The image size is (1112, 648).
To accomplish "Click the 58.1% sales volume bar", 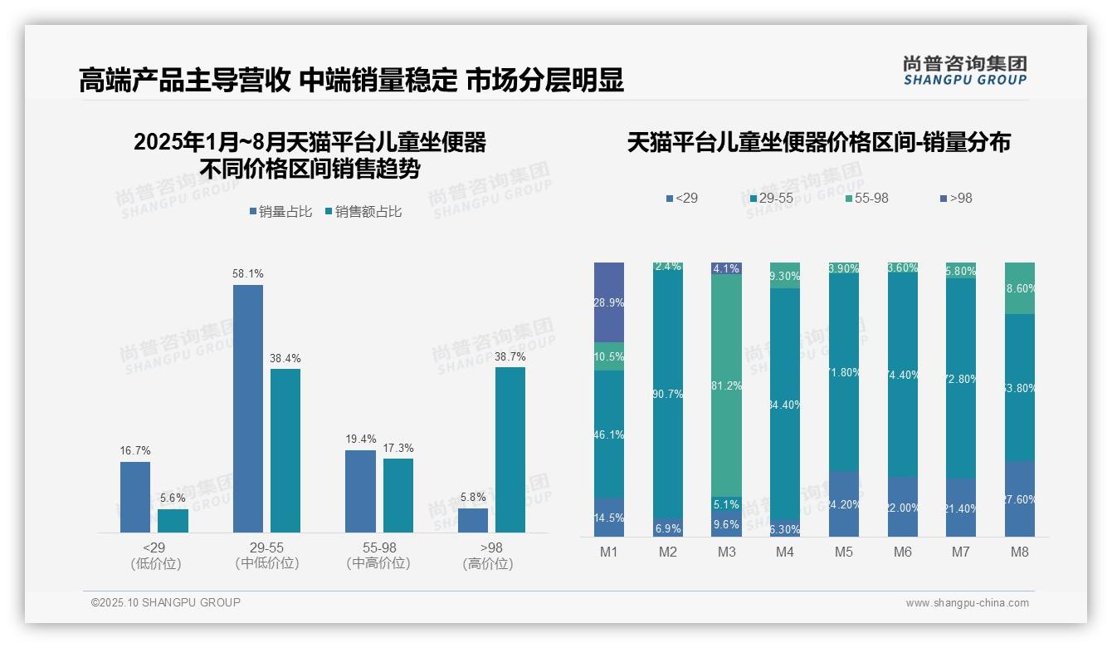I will [247, 408].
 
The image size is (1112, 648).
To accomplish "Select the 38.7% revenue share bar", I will [510, 449].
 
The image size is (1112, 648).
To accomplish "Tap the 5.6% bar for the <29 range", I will [173, 521].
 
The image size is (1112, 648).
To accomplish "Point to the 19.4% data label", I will [361, 439].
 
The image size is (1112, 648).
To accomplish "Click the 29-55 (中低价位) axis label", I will [266, 556].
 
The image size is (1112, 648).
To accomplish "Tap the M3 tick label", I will [726, 552].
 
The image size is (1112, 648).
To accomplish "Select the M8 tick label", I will [1020, 552].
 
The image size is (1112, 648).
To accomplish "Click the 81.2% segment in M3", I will [727, 386].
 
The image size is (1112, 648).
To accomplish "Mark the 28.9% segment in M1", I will [609, 302].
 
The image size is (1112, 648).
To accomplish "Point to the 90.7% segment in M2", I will [668, 394].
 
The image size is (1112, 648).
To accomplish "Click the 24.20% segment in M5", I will [844, 504].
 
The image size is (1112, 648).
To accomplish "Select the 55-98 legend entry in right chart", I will [866, 199].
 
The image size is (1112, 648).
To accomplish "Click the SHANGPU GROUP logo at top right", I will [964, 71].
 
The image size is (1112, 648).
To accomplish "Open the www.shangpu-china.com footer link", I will [967, 603].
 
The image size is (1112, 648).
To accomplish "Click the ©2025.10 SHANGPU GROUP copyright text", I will [165, 602].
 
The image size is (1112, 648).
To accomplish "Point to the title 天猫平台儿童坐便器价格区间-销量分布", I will [818, 143].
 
